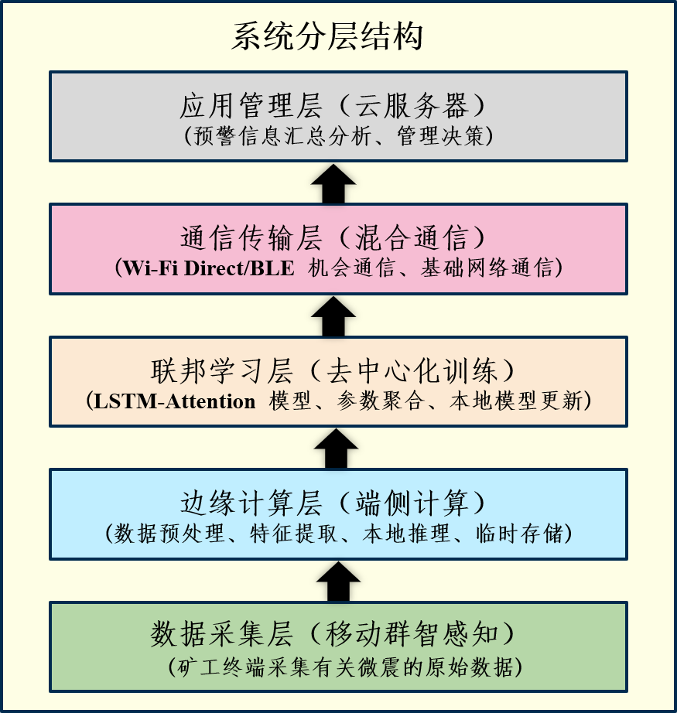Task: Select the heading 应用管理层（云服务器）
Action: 338,104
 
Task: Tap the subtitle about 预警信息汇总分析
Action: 338,136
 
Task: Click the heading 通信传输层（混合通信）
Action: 338,237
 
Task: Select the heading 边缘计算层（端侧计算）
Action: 338,503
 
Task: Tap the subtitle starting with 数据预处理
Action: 338,534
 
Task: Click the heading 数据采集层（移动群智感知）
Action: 338,635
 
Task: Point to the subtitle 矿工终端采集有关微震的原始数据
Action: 338,666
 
